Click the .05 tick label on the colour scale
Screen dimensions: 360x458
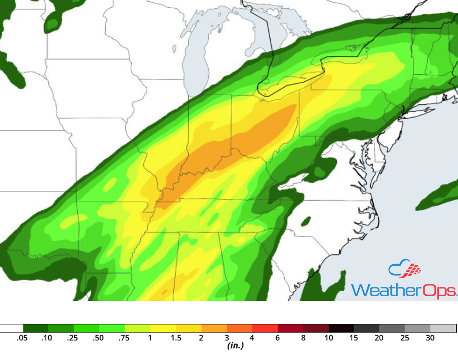(x=22, y=338)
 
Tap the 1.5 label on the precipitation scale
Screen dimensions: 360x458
(x=176, y=338)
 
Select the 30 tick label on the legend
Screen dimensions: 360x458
(x=430, y=338)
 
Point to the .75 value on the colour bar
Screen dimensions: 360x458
(x=124, y=338)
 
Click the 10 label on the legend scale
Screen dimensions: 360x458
(x=329, y=338)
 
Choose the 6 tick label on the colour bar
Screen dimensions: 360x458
(x=278, y=338)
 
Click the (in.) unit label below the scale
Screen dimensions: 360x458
(x=235, y=346)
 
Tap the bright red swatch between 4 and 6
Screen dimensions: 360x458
(x=265, y=328)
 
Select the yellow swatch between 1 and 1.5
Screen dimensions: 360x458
(x=163, y=328)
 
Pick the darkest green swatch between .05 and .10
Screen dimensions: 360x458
(x=35, y=328)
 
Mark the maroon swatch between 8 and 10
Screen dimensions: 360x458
(x=316, y=328)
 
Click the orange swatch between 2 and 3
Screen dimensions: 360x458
(x=214, y=328)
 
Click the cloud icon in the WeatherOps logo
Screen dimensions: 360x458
(x=399, y=270)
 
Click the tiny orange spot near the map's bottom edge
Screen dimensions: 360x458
(x=164, y=292)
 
